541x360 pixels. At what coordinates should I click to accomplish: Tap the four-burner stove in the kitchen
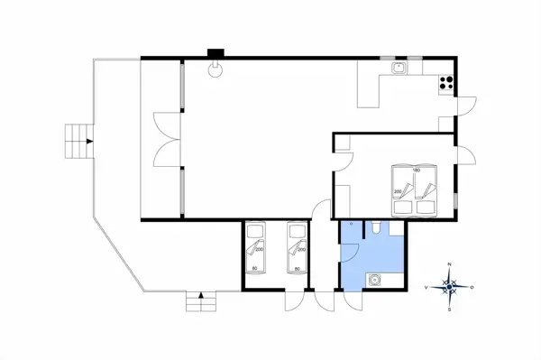pyautogui.click(x=445, y=83)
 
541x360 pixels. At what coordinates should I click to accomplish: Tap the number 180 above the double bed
pyautogui.click(x=416, y=170)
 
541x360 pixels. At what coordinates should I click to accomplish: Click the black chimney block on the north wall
pyautogui.click(x=215, y=53)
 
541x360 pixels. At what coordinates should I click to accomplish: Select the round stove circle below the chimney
pyautogui.click(x=215, y=73)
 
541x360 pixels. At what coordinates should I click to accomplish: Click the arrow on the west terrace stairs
pyautogui.click(x=87, y=140)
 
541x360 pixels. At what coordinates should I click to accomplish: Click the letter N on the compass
pyautogui.click(x=451, y=265)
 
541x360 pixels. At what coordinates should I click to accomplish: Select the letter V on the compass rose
pyautogui.click(x=426, y=287)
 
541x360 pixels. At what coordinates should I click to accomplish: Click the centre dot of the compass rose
pyautogui.click(x=451, y=287)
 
